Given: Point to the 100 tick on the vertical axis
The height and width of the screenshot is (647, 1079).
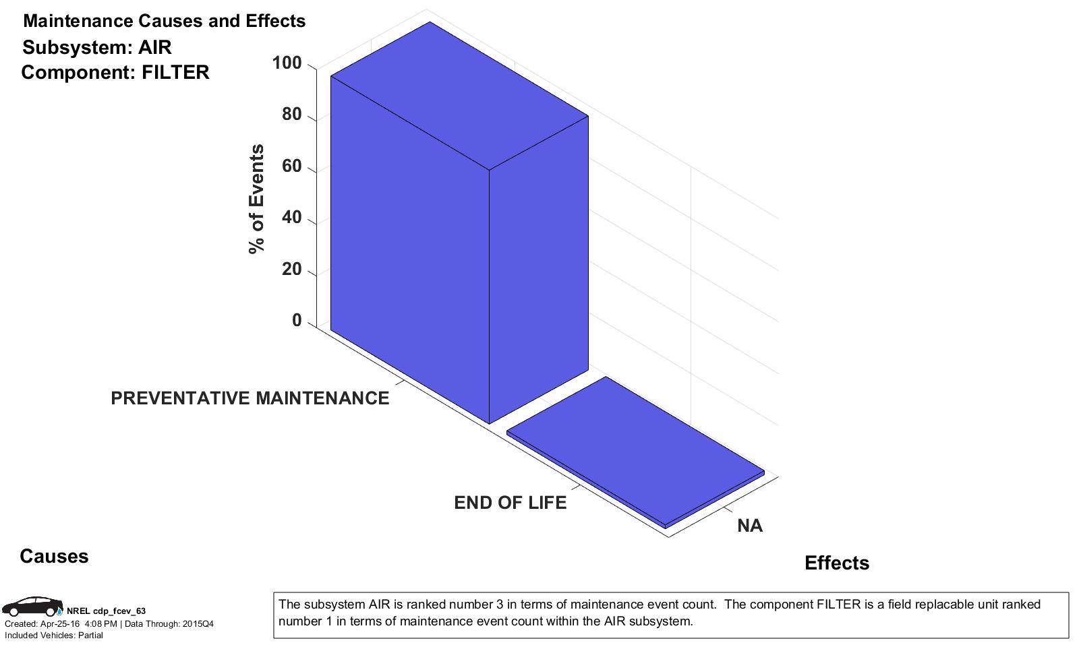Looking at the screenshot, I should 287,63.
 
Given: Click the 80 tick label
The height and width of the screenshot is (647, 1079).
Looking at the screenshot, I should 291,115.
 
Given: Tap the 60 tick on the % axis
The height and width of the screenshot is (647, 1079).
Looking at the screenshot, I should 291,166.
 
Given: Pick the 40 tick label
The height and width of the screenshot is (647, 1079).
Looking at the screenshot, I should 291,218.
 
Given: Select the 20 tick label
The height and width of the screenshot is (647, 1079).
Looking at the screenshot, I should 291,269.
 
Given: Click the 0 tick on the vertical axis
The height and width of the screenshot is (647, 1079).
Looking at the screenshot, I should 297,321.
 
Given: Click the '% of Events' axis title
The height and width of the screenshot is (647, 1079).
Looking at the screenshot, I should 256,199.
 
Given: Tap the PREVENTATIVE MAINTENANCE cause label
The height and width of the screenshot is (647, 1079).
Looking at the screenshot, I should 250,398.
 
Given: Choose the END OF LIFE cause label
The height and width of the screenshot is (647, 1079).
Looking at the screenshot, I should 510,503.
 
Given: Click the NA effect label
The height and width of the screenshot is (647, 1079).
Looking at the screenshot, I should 749,526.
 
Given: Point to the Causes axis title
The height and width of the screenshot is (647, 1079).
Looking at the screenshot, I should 54,556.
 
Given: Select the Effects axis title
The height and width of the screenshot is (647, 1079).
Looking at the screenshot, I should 836,563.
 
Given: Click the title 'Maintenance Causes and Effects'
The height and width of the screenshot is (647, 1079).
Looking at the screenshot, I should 164,21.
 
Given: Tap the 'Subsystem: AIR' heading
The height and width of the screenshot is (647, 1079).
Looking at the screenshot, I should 97,47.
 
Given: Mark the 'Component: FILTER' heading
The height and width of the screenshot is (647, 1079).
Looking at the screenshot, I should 115,72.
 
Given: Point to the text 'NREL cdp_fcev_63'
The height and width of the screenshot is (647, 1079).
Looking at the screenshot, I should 106,611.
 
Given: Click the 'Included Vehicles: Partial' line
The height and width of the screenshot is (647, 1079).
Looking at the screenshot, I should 54,636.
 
